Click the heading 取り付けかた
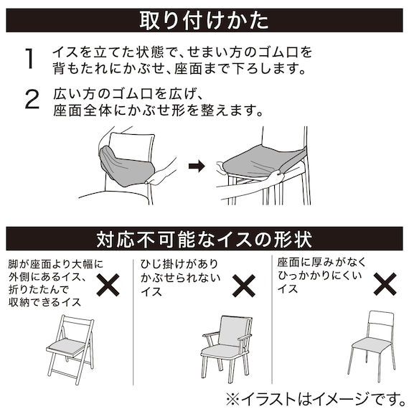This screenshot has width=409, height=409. [204, 20]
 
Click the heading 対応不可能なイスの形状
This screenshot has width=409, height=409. [204, 238]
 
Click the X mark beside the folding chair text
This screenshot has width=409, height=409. [108, 285]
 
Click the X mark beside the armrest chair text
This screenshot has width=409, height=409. [244, 285]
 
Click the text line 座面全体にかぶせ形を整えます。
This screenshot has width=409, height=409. [158, 111]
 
